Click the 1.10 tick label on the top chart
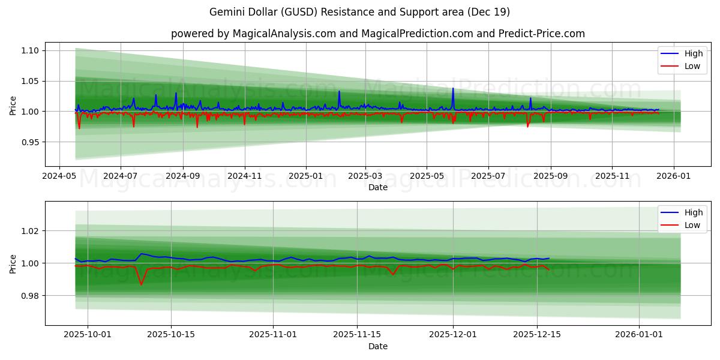[30, 50]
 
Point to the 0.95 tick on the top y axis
[30, 142]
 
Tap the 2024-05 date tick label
[59, 176]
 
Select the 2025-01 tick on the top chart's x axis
[306, 176]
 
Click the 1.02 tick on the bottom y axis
[30, 231]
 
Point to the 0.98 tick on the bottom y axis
[30, 296]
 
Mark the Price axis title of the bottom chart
[13, 263]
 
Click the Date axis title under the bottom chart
[378, 346]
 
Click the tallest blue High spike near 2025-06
[453, 89]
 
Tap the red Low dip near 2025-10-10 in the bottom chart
[142, 284]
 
